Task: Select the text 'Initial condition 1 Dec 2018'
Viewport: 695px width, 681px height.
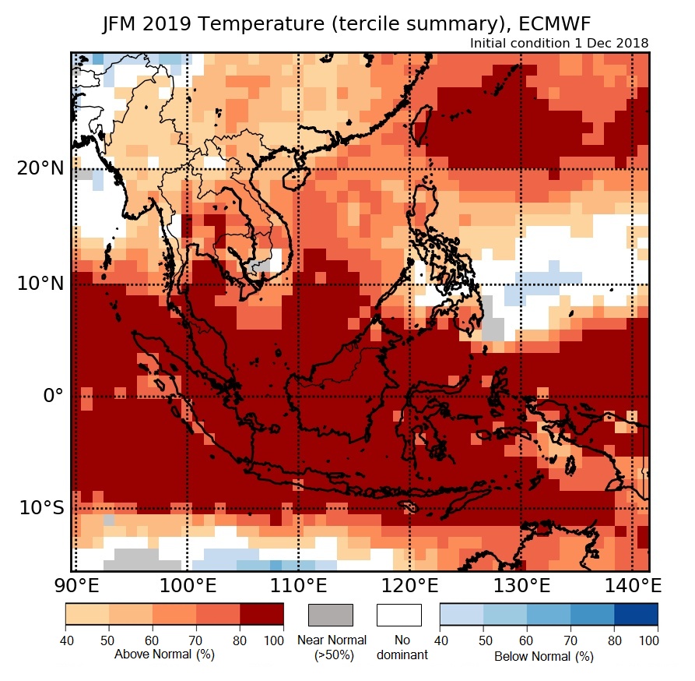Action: point(559,43)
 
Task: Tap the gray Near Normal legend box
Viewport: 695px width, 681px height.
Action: point(331,615)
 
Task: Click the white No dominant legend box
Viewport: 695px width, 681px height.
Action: point(398,615)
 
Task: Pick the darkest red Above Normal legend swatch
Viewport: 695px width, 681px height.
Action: point(262,615)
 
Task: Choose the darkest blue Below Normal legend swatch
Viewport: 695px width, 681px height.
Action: point(636,615)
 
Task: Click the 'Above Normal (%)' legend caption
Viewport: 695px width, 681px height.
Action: point(164,655)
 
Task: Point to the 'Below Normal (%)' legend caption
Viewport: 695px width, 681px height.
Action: point(544,656)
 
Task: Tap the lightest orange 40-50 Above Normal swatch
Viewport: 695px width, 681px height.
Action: point(86,615)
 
